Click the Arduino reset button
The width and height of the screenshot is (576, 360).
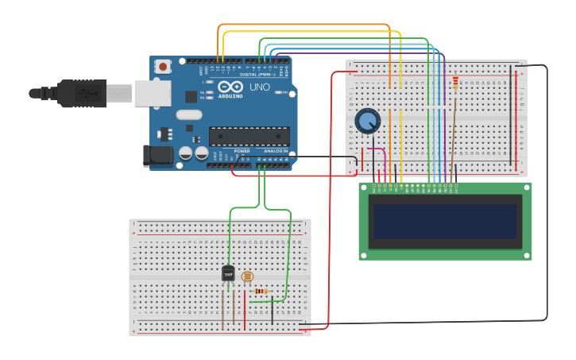pyautogui.click(x=163, y=67)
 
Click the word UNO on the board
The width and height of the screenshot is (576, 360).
pyautogui.click(x=260, y=87)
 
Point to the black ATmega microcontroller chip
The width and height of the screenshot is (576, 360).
pyautogui.click(x=249, y=136)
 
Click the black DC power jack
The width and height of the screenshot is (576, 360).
pyautogui.click(x=157, y=156)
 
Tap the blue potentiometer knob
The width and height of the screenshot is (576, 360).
pyautogui.click(x=367, y=121)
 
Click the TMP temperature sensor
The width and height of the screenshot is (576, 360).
pyautogui.click(x=229, y=274)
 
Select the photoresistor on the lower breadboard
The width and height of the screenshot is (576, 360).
pyautogui.click(x=247, y=277)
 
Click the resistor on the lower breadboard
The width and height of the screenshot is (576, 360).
pyautogui.click(x=263, y=292)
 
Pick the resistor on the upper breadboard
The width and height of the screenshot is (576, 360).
pyautogui.click(x=454, y=82)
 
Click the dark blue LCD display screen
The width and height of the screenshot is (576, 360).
pyautogui.click(x=445, y=222)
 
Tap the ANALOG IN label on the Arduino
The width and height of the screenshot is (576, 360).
pyautogui.click(x=276, y=150)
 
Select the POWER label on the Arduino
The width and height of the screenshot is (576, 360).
pyautogui.click(x=242, y=150)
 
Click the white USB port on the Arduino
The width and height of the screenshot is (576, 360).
pyautogui.click(x=151, y=93)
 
